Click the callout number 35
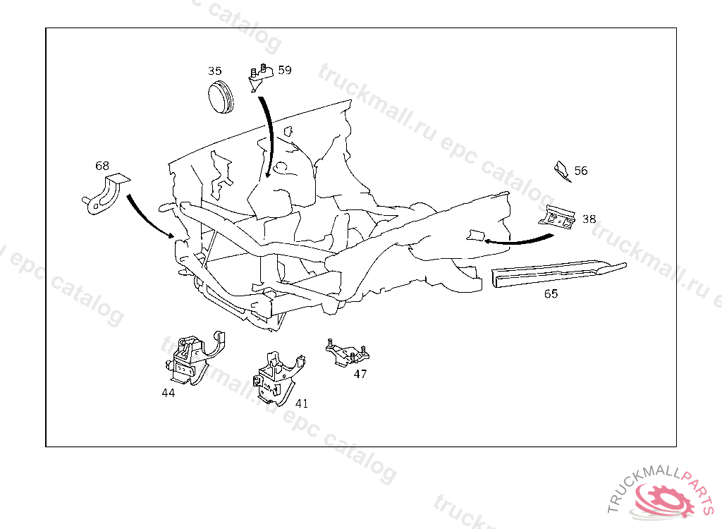214,71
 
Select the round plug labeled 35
221,97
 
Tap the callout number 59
285,70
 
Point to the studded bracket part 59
261,78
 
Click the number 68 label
102,166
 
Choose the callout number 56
581,171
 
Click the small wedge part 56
562,171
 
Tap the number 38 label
589,219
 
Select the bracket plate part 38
557,217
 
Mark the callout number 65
551,293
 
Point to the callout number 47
360,374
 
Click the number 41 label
302,403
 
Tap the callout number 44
169,393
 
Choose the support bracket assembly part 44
195,358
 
